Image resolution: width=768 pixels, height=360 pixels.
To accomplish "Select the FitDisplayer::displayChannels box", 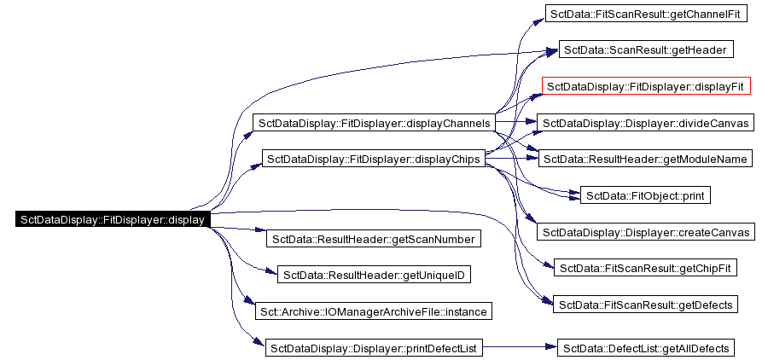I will click(x=373, y=124).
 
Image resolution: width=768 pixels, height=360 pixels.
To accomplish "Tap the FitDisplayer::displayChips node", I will click(x=373, y=159).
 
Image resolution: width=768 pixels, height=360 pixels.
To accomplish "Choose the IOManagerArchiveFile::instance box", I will click(x=373, y=311).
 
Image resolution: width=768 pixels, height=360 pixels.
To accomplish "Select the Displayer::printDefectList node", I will click(x=373, y=347).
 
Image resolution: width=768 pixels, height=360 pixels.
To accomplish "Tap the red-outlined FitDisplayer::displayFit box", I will click(x=646, y=86).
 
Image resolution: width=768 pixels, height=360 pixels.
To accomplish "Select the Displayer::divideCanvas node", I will click(x=645, y=123).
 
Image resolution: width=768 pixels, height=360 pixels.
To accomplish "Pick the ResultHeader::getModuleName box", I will click(x=645, y=159).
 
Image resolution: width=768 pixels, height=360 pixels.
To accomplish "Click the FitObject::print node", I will click(x=645, y=195).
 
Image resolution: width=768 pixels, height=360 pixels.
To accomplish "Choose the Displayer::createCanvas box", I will click(x=645, y=232).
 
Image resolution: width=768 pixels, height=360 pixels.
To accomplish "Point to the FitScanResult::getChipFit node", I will click(x=645, y=269).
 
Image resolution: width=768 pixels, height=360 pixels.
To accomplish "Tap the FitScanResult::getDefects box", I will click(x=645, y=305).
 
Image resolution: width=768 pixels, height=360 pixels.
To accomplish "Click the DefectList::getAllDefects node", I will click(x=645, y=347).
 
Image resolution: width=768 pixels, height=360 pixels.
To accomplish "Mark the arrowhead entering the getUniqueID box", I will click(x=272, y=275).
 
